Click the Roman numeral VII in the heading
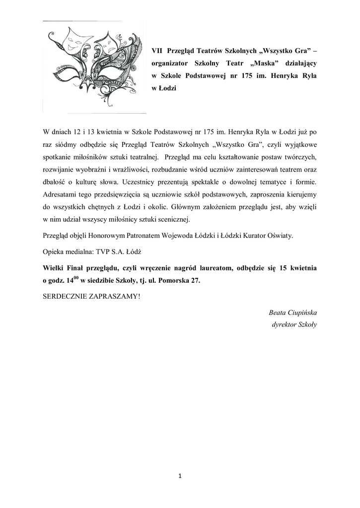[x=157, y=51]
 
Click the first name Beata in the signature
[x=277, y=313]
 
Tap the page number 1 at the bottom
[x=180, y=477]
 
